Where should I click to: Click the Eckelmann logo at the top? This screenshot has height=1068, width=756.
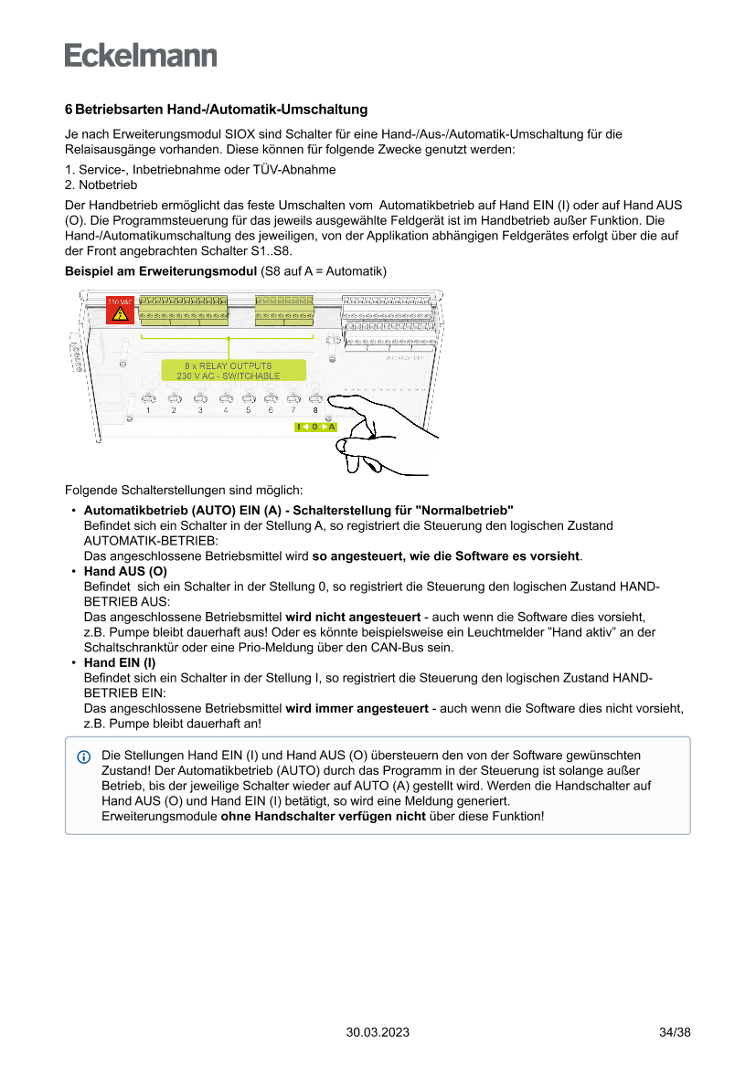141,55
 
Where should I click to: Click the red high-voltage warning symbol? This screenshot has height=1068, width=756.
119,310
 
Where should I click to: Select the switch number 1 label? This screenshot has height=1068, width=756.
148,411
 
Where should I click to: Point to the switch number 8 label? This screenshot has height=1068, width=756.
315,411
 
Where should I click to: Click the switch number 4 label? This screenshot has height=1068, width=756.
225,411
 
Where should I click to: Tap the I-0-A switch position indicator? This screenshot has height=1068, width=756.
315,427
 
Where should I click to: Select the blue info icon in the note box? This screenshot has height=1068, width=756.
84,757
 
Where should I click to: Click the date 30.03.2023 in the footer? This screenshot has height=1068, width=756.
378,1032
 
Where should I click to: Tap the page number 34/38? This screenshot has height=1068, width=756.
675,1032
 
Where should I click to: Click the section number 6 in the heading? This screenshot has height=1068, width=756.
69,110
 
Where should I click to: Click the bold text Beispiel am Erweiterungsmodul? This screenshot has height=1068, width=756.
161,271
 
